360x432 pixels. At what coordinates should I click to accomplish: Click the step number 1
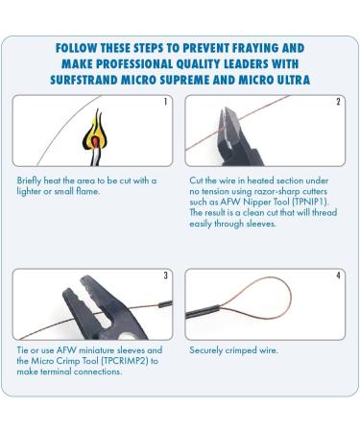pyautogui.click(x=165, y=102)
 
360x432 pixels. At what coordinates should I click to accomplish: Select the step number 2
pyautogui.click(x=338, y=102)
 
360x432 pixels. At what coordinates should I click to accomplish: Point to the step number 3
pyautogui.click(x=165, y=276)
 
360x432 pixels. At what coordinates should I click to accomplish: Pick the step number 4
pyautogui.click(x=338, y=276)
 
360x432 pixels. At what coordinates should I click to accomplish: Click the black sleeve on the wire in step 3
pyautogui.click(x=165, y=304)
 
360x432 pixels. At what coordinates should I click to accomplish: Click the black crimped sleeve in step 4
pyautogui.click(x=203, y=311)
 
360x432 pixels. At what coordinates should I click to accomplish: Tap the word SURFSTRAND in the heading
pyautogui.click(x=84, y=80)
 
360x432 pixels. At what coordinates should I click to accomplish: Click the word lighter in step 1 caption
pyautogui.click(x=29, y=191)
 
